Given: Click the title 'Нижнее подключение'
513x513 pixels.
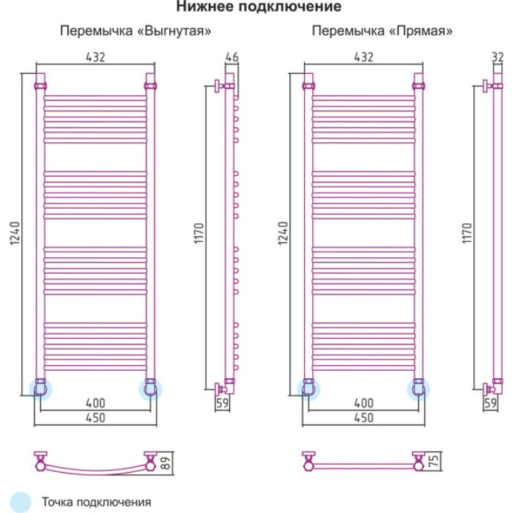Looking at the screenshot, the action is click(259, 7).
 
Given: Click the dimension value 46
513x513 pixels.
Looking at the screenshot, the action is click(232, 57).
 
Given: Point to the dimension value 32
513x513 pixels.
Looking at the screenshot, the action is click(498, 57).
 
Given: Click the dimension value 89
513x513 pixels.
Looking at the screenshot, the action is click(166, 463).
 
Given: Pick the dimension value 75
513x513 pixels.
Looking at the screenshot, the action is click(434, 461).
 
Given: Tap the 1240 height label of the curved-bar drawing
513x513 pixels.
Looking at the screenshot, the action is click(15, 233).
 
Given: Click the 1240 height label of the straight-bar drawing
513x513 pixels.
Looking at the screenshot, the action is click(284, 233).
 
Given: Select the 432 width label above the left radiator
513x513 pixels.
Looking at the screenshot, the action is click(95, 57).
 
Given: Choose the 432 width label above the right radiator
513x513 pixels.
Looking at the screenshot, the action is click(363, 57).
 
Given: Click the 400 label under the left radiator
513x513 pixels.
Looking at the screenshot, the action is click(95, 403).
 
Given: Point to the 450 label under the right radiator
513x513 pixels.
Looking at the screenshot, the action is click(363, 418).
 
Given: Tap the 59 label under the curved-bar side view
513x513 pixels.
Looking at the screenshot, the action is click(223, 403).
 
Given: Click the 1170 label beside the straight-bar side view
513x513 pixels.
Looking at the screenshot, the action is click(468, 233).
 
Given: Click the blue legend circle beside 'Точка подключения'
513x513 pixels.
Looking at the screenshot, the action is click(21, 502).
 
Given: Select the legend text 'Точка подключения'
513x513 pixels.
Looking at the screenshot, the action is click(97, 502).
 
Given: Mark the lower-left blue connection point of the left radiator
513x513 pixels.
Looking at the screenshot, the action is click(40, 389).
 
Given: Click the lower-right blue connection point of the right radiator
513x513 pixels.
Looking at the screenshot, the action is click(418, 389).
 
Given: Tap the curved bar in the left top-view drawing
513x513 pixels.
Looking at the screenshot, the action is click(95, 472).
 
